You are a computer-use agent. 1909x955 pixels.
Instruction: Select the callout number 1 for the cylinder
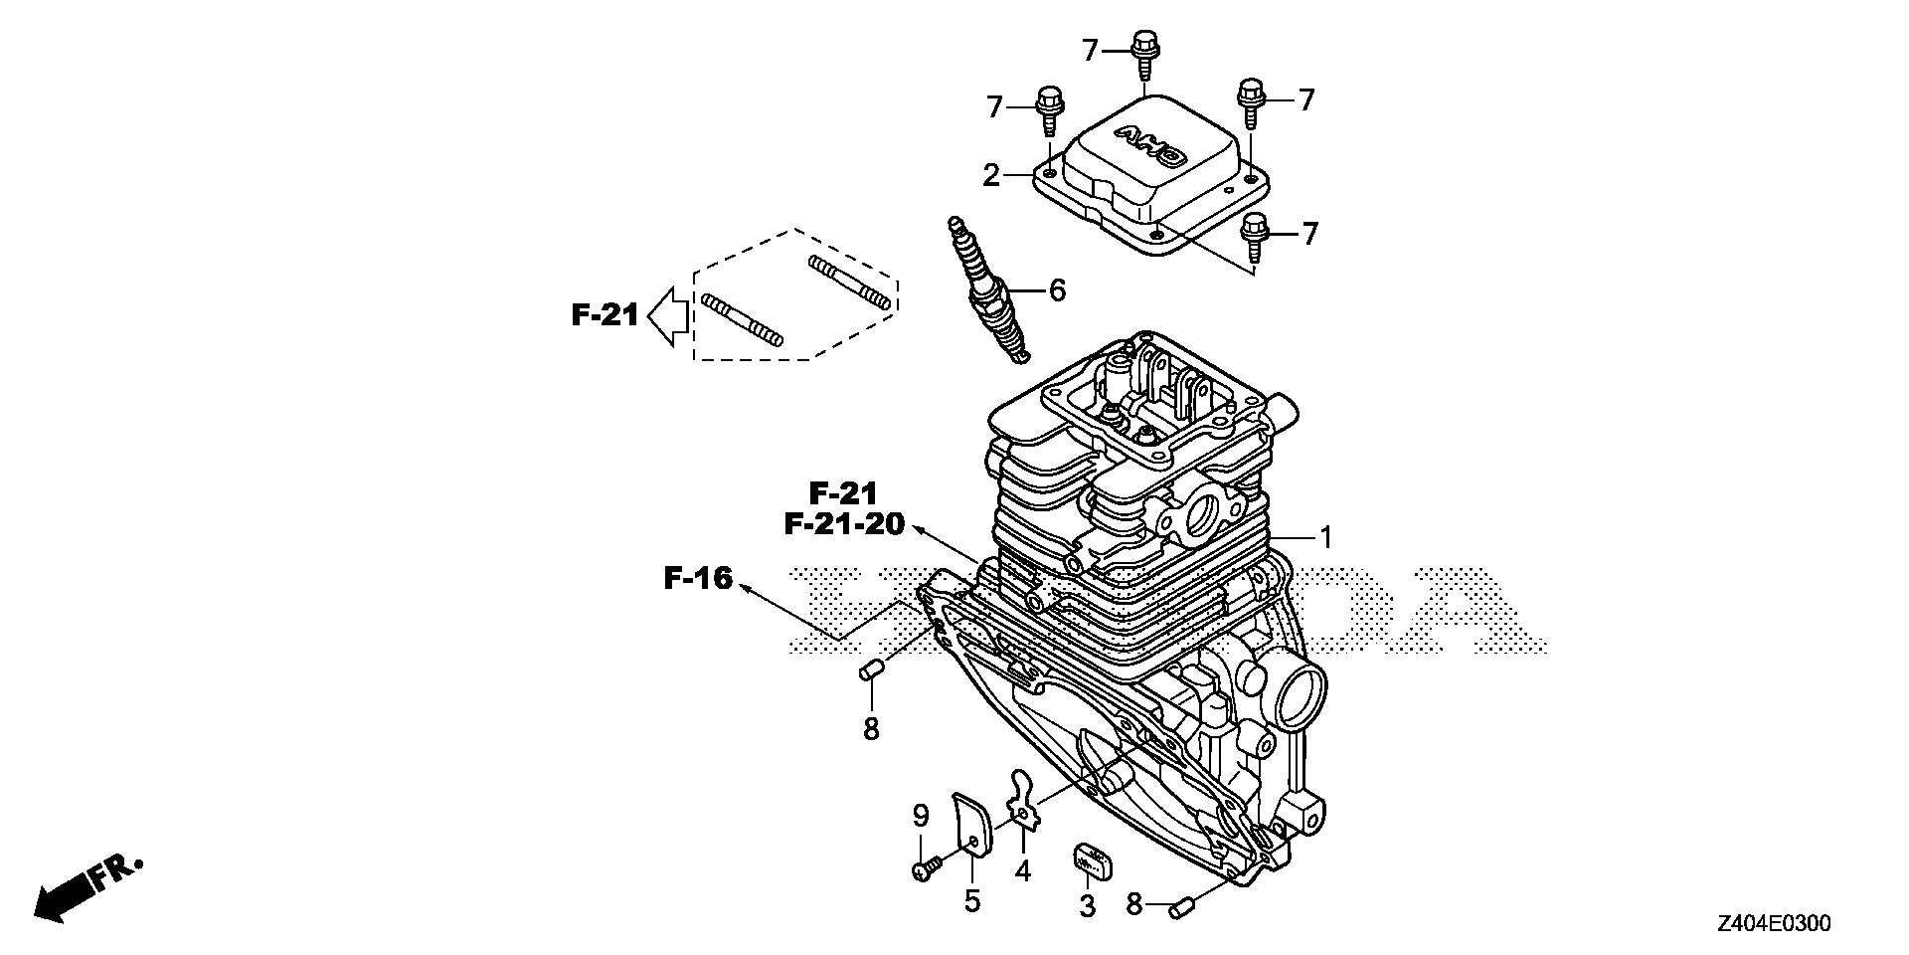[x=1324, y=538]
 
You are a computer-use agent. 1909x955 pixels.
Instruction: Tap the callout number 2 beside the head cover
[x=990, y=176]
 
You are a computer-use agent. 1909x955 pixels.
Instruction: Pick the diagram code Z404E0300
[x=1772, y=924]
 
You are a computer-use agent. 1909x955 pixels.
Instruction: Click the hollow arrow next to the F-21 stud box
[x=668, y=315]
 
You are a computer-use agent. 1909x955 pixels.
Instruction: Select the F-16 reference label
[x=698, y=578]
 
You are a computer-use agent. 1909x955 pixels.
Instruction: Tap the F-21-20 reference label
[x=844, y=523]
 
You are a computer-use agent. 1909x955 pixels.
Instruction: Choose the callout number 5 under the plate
[x=971, y=901]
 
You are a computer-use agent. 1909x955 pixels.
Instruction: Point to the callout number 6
[x=1056, y=290]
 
